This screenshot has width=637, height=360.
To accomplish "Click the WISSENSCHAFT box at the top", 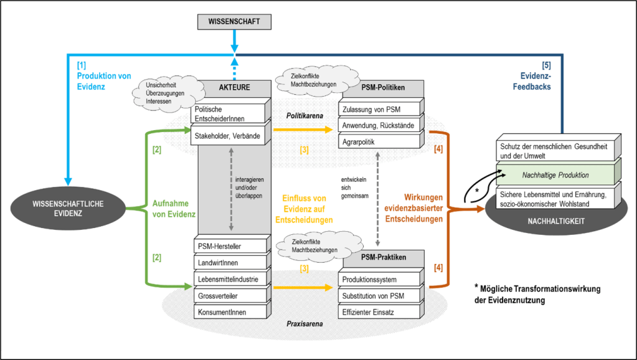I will point(234,22).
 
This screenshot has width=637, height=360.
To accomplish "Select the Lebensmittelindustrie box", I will point(228,278).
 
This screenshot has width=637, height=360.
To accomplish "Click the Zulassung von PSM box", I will point(379,110).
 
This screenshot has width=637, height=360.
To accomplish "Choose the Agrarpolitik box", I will point(379,142).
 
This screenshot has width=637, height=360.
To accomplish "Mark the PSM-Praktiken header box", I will point(382,257).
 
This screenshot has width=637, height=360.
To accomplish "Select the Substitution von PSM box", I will point(379,295).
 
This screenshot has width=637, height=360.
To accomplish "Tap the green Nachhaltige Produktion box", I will point(555,175).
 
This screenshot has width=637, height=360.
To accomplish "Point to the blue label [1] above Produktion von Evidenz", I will point(82,65).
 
